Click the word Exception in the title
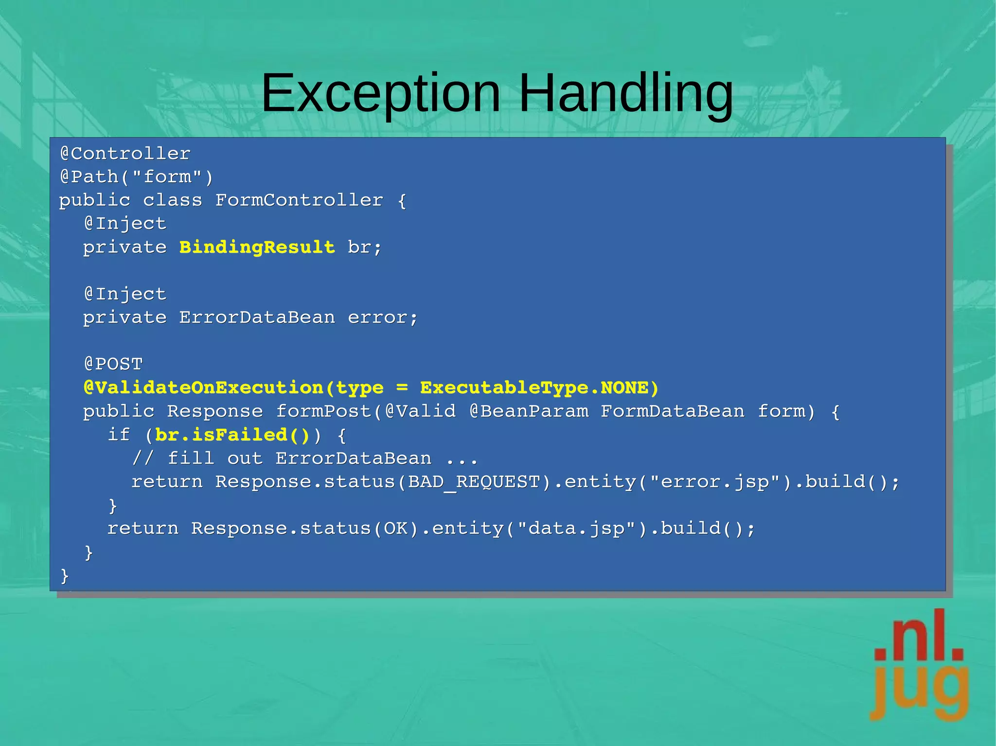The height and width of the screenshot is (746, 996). click(x=381, y=93)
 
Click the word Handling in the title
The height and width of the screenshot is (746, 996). click(x=626, y=93)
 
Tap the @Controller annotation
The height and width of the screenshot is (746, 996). click(x=125, y=154)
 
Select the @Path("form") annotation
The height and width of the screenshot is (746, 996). click(x=137, y=177)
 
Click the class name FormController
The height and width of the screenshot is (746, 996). click(x=299, y=200)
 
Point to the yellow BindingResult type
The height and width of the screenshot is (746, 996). click(x=257, y=247)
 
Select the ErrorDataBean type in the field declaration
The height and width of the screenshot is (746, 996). click(x=257, y=318)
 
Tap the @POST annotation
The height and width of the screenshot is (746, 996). click(x=113, y=364)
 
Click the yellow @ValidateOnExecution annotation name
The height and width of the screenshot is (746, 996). click(x=203, y=388)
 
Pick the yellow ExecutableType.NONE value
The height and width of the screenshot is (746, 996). click(x=539, y=388)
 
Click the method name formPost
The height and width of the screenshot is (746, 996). click(x=324, y=412)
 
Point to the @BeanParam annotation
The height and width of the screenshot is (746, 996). click(x=529, y=412)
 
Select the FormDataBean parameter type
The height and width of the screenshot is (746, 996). click(x=673, y=412)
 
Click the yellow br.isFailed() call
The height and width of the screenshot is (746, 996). click(x=232, y=435)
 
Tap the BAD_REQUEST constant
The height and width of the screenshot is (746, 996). click(x=474, y=482)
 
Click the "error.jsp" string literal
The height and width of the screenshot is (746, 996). click(x=715, y=482)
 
